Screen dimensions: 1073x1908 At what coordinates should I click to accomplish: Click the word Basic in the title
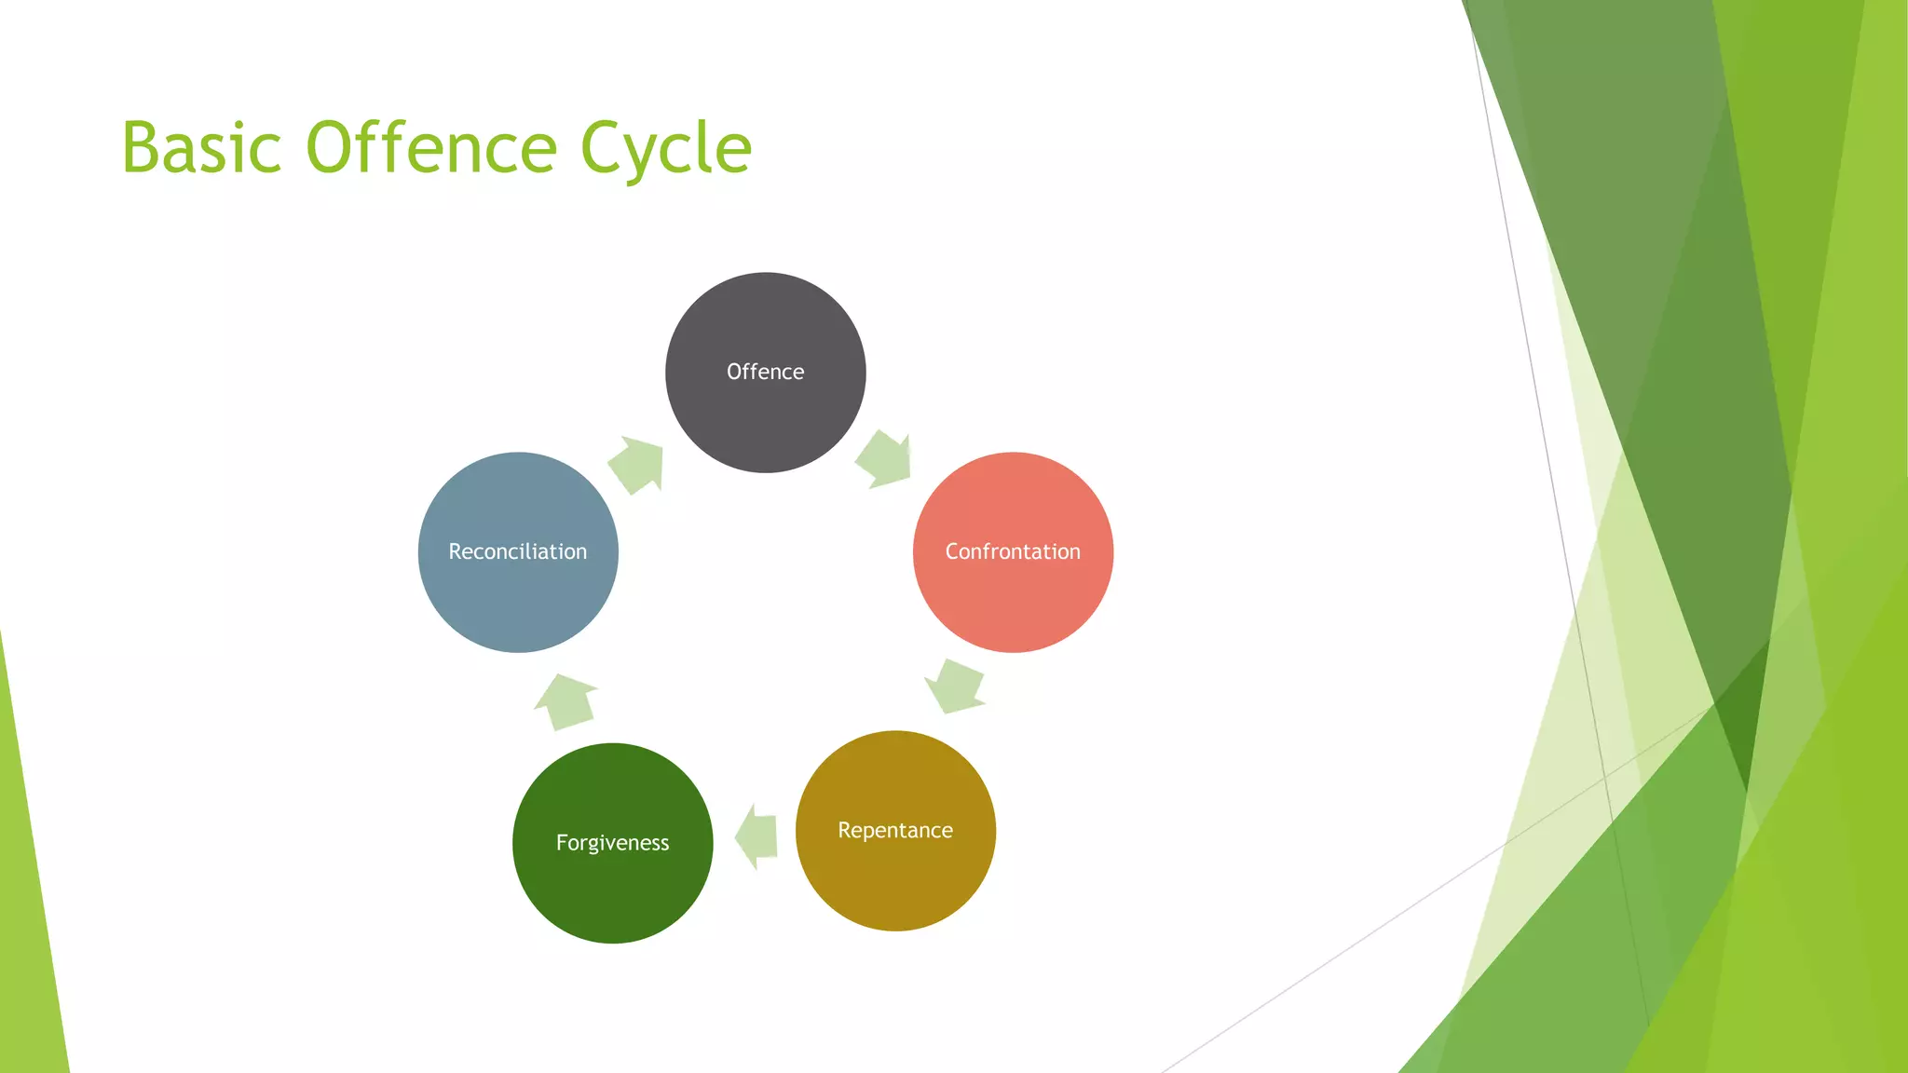pyautogui.click(x=201, y=148)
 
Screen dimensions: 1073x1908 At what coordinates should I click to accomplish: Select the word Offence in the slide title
pyautogui.click(x=431, y=148)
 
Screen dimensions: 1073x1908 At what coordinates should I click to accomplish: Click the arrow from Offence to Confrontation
pyautogui.click(x=883, y=459)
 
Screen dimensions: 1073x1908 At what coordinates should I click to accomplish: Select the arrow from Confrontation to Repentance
pyautogui.click(x=955, y=686)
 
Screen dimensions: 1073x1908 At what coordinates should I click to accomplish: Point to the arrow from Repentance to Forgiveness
pyautogui.click(x=756, y=836)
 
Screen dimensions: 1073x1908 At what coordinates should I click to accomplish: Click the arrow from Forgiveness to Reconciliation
pyautogui.click(x=566, y=701)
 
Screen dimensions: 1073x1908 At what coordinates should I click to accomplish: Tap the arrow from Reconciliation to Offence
pyautogui.click(x=637, y=464)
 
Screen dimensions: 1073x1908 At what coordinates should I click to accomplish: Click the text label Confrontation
pyautogui.click(x=1013, y=551)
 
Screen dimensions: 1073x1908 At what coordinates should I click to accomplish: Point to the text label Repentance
pyautogui.click(x=895, y=830)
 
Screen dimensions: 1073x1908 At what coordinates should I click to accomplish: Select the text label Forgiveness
pyautogui.click(x=612, y=843)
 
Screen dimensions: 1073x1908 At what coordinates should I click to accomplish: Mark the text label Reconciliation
pyautogui.click(x=518, y=551)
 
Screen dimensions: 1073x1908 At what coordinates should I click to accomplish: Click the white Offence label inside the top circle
pyautogui.click(x=765, y=372)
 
